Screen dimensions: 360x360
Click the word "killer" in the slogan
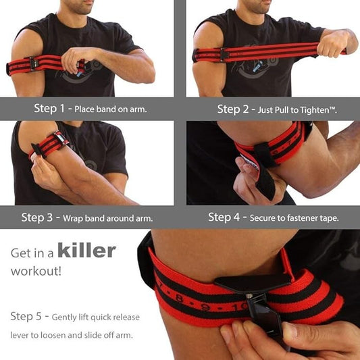pos(86,251)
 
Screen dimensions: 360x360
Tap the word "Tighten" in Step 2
pos(317,109)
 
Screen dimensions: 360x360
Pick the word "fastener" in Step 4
pos(304,217)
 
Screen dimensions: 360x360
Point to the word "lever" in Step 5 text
pos(24,335)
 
